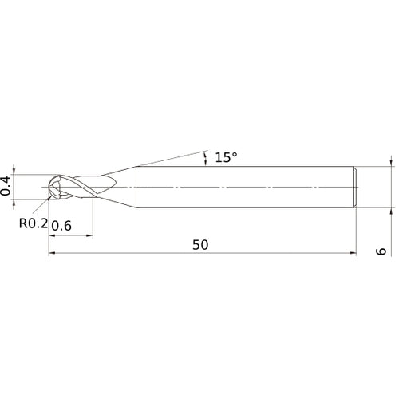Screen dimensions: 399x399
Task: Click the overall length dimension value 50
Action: click(x=199, y=245)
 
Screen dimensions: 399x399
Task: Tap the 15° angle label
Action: click(x=226, y=157)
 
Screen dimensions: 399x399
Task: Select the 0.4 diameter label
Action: click(x=7, y=186)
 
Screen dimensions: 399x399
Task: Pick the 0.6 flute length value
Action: click(x=63, y=226)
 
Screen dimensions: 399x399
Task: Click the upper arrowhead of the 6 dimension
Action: click(x=391, y=162)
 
